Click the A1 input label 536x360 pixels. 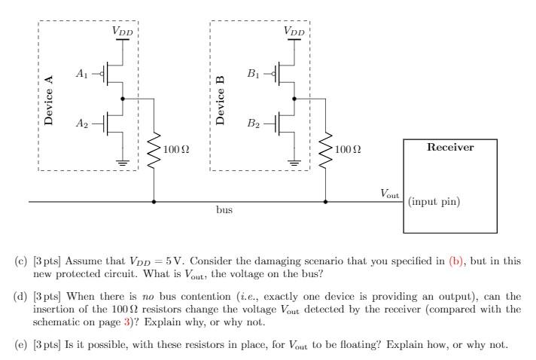click(83, 74)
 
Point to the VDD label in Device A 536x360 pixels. click(123, 31)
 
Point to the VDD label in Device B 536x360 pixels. click(294, 31)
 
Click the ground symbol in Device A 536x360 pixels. click(123, 160)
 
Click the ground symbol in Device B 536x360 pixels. click(294, 160)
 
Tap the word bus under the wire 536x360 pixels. click(224, 212)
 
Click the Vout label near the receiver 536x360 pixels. click(389, 194)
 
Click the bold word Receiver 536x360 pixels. click(450, 148)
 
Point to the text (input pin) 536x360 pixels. click(434, 202)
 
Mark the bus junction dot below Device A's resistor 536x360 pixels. click(154, 202)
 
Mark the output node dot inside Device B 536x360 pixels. click(294, 99)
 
